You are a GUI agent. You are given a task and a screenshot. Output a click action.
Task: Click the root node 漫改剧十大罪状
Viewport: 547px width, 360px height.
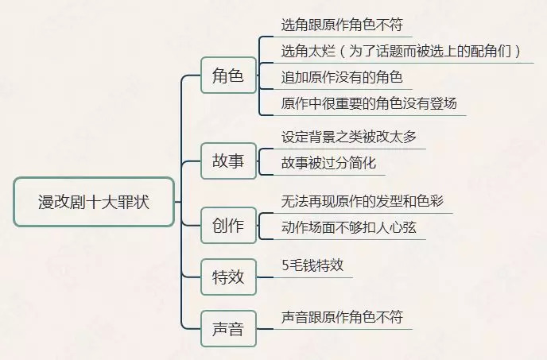[x=94, y=202]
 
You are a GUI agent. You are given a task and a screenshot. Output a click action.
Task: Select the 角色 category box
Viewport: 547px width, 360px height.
[x=228, y=76]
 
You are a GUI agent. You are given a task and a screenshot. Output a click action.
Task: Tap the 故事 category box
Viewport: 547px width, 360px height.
[x=228, y=161]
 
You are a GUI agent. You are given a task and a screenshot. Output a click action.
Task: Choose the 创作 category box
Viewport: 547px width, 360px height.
[x=228, y=225]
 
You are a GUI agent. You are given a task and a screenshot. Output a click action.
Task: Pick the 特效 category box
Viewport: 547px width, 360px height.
[x=228, y=277]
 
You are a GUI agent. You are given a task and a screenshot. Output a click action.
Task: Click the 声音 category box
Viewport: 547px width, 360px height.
[x=228, y=328]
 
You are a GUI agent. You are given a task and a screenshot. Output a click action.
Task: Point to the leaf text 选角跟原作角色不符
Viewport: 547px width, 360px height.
[x=342, y=25]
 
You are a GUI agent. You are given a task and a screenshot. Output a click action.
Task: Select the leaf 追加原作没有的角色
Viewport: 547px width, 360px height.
[x=342, y=77]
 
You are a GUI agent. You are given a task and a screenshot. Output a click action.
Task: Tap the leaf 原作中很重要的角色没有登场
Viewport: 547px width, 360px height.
[x=369, y=103]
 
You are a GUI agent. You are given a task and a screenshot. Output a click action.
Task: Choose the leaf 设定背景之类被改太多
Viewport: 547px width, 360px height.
[x=349, y=137]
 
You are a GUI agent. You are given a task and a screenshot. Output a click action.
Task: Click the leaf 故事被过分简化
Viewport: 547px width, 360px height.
[x=328, y=163]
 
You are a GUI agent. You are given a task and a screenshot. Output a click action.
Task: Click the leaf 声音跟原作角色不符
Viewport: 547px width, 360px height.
[x=342, y=316]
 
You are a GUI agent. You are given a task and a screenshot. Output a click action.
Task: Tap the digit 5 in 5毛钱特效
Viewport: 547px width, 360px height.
[x=285, y=265]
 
